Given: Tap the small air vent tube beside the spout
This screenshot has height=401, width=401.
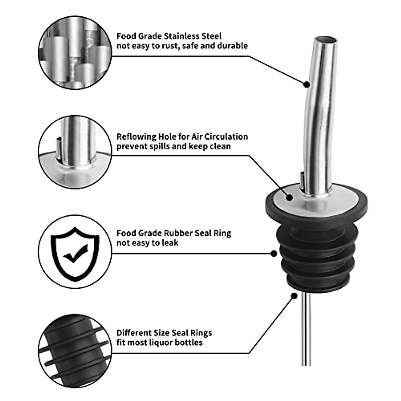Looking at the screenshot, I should coord(302,182).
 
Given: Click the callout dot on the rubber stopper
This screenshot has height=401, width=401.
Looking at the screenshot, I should coord(274,254).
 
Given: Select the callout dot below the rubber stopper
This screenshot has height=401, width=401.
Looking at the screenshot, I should coord(294,296).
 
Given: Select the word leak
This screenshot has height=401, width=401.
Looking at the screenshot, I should coord(170,243).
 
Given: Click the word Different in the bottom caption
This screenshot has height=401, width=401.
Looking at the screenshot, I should coord(134,333).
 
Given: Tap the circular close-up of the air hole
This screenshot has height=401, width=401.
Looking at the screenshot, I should coord(75,152).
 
